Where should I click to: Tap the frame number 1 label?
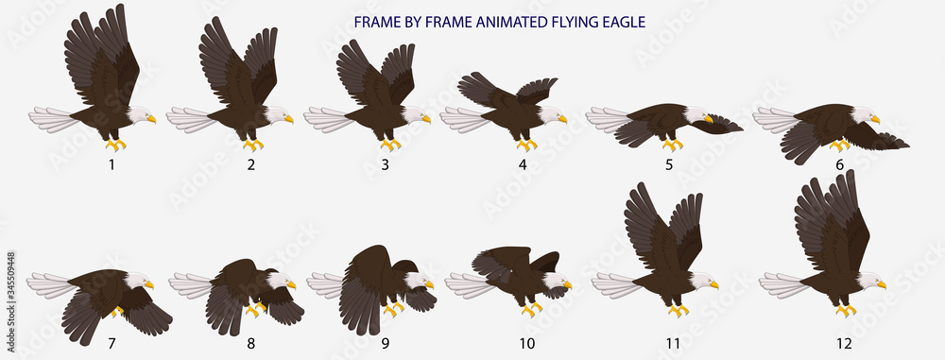click(x=112, y=164)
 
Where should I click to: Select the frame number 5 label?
click(x=669, y=164)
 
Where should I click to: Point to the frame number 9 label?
click(x=386, y=343)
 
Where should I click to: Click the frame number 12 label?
click(x=844, y=343)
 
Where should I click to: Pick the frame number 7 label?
click(x=112, y=343)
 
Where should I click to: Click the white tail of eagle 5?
click(x=607, y=119)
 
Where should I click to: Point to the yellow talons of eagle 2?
click(x=252, y=146)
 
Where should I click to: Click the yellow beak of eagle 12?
click(x=881, y=284)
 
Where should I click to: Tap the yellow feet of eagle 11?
click(x=678, y=309)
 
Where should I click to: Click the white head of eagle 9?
click(x=417, y=281)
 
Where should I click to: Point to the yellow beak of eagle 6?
click(x=876, y=120)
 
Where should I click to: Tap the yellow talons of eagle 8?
click(x=255, y=308)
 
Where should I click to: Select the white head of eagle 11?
click(x=700, y=280)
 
